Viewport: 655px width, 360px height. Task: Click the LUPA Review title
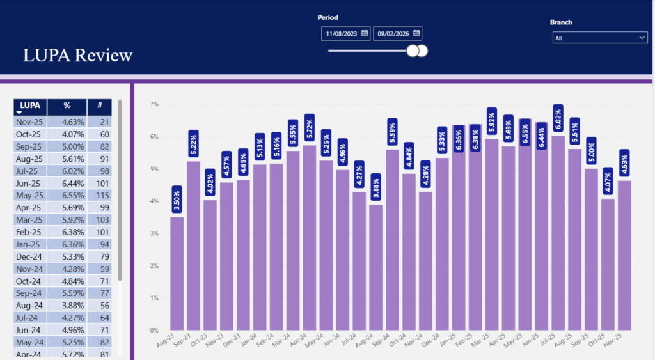(77, 56)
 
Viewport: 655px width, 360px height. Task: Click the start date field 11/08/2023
(345, 33)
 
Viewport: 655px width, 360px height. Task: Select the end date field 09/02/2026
(397, 33)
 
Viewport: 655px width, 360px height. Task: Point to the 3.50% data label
(177, 199)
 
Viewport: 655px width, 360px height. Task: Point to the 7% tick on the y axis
(154, 104)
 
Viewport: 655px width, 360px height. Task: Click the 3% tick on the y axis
(154, 233)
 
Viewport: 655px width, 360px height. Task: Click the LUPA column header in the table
(29, 106)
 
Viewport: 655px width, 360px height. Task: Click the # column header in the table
(99, 106)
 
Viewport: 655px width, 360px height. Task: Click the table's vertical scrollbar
(120, 192)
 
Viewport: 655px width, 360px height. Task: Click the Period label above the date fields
(327, 17)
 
